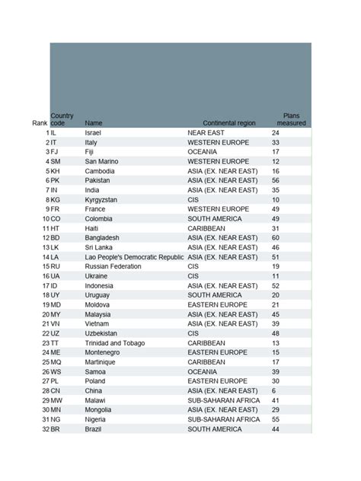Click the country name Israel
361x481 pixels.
(93, 132)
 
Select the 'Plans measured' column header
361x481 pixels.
(291, 119)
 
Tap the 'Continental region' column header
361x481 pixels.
(229, 123)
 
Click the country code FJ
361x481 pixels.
(54, 151)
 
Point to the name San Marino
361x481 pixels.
(101, 161)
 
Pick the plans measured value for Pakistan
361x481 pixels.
(276, 180)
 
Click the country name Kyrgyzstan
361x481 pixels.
(101, 199)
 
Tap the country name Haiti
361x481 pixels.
(92, 228)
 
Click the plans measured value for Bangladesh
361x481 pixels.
(276, 237)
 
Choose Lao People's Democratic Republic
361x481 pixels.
(134, 257)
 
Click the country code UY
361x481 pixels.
(56, 295)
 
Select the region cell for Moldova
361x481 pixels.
(220, 304)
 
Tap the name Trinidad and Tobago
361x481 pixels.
(115, 343)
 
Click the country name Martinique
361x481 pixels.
(101, 362)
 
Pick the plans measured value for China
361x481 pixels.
(273, 390)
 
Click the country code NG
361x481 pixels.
(56, 419)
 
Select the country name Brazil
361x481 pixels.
(93, 429)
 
